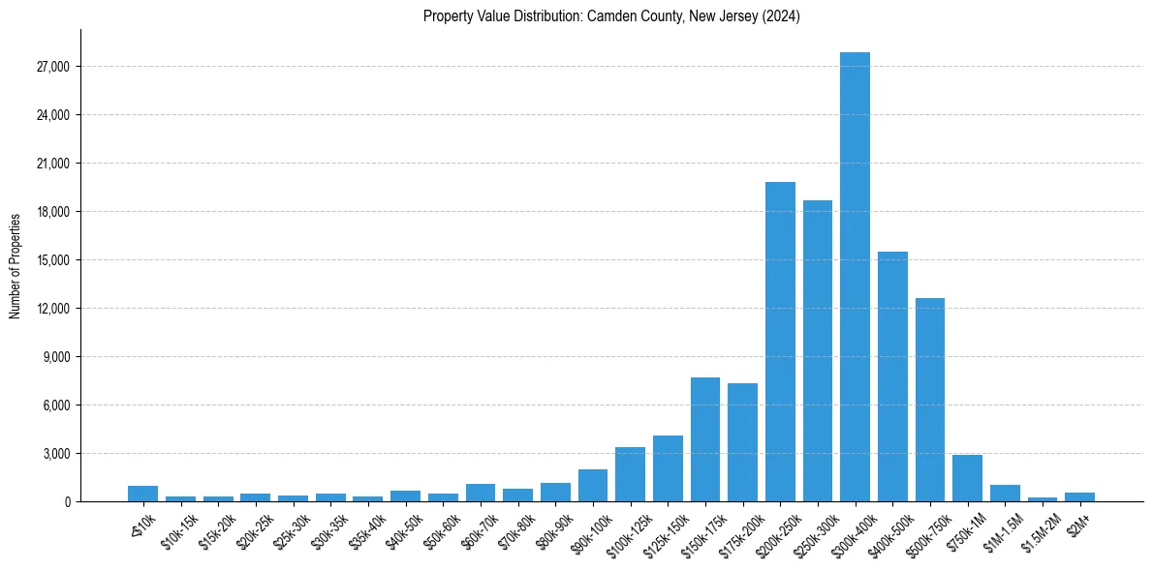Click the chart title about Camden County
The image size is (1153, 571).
coord(611,16)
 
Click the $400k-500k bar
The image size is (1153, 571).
coord(892,376)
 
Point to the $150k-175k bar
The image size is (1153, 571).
coord(705,439)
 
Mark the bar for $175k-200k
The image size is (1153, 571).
coord(742,442)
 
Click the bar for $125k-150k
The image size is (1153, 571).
coord(668,468)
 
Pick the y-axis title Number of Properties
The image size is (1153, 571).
coord(16,266)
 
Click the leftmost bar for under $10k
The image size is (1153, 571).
coord(142,494)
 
